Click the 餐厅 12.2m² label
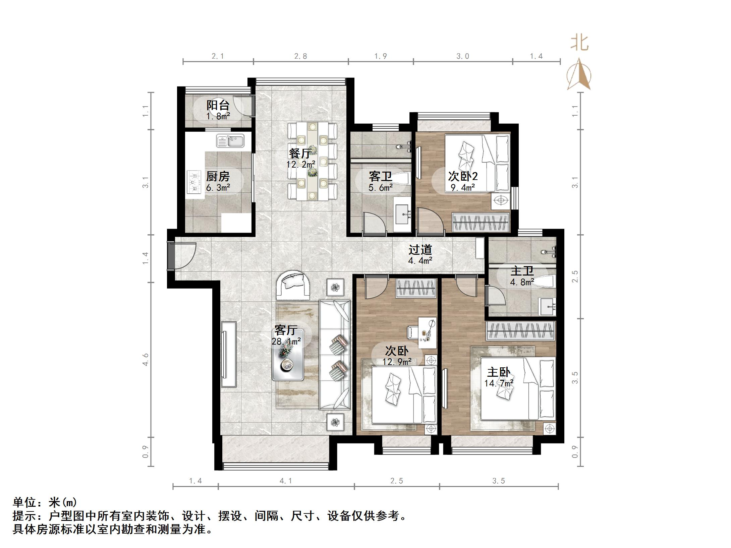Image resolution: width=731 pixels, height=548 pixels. [x=300, y=158]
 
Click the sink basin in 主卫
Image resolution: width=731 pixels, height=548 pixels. [x=547, y=306]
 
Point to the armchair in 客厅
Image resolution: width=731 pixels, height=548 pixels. [x=293, y=285]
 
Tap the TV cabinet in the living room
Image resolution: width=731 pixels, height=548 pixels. [x=229, y=355]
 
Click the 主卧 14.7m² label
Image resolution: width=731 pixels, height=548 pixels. [x=499, y=377]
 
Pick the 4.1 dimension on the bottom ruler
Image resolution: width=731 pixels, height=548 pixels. [x=286, y=481]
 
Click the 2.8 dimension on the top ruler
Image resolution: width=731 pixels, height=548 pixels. [x=300, y=56]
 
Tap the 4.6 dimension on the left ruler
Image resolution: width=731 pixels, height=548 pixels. [x=145, y=359]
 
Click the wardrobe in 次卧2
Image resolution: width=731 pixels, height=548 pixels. [x=480, y=222]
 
